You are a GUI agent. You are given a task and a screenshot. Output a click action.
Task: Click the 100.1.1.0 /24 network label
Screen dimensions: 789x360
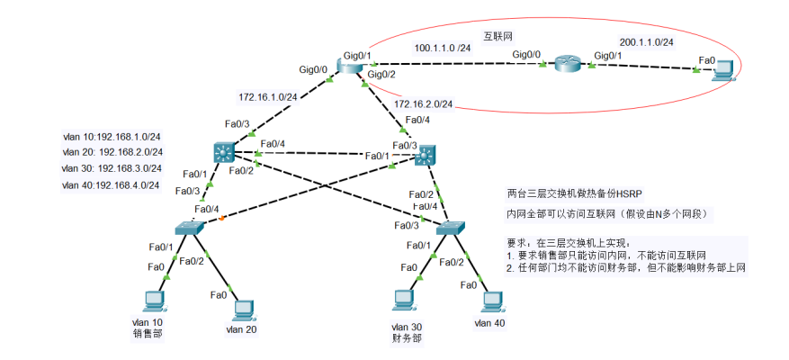point(443,48)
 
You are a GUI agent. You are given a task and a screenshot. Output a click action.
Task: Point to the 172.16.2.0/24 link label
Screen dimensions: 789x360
point(423,104)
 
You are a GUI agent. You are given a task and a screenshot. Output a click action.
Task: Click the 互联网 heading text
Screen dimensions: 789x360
point(494,36)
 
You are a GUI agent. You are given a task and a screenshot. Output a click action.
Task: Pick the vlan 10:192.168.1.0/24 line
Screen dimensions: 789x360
point(112,137)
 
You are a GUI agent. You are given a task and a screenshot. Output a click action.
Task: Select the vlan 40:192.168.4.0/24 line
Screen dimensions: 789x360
point(112,185)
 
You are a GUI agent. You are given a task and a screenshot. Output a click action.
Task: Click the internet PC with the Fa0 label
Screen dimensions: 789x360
point(724,70)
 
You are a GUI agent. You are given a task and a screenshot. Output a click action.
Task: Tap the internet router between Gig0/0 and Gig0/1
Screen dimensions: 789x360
point(568,64)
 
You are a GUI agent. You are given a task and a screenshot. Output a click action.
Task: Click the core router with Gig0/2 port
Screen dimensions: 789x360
point(350,66)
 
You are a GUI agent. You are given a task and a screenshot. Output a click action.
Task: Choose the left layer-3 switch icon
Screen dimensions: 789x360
point(223,151)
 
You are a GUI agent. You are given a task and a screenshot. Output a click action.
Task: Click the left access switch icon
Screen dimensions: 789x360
point(190,228)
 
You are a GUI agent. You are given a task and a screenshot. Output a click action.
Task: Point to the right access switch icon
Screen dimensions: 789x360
point(451,228)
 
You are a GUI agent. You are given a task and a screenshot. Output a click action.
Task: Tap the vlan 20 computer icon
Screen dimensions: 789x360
point(244,311)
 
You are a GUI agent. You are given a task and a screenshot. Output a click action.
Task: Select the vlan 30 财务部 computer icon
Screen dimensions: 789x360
point(404,301)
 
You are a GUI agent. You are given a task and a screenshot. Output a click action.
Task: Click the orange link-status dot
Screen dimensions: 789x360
point(221,219)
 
